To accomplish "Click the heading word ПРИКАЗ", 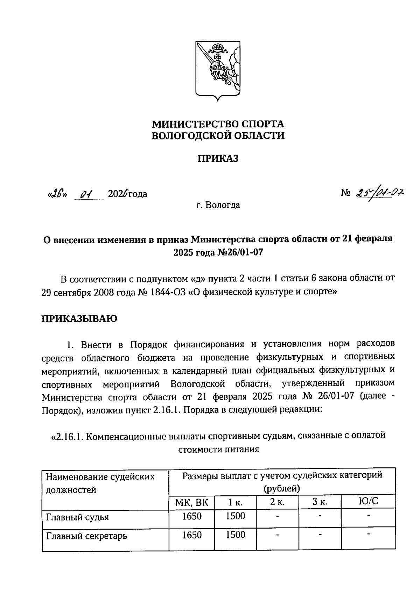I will click(x=218, y=158).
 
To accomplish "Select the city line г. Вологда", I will click(x=218, y=205).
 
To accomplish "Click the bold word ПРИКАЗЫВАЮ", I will click(x=79, y=318).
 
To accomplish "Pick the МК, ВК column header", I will click(x=192, y=502).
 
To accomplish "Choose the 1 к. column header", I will click(x=235, y=502).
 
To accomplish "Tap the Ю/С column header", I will click(x=368, y=502).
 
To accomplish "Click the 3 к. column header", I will click(x=320, y=502).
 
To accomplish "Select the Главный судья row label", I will click(x=77, y=517).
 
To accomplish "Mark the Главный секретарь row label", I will click(x=86, y=536).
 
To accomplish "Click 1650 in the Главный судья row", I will click(x=192, y=516).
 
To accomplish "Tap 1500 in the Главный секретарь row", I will click(x=235, y=535).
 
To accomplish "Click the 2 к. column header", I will click(x=277, y=502).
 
